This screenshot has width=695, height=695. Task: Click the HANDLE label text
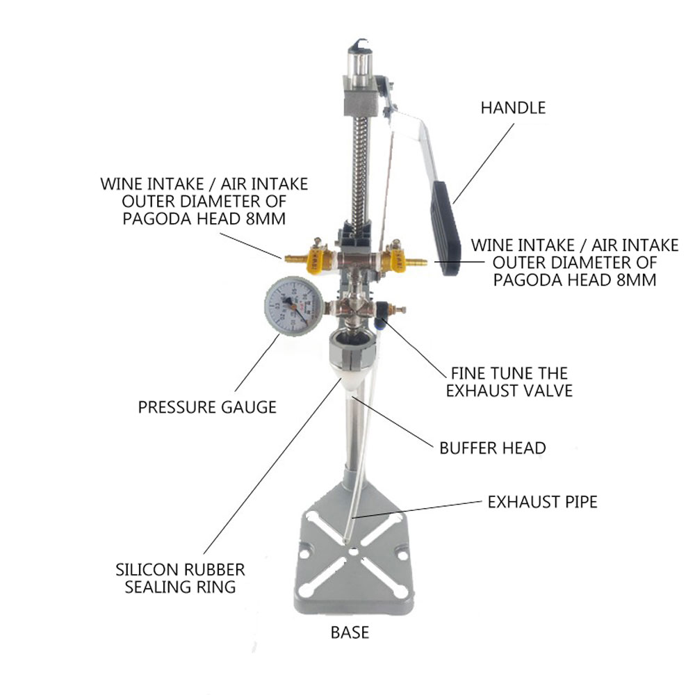(513, 108)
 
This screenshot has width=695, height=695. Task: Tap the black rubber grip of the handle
(445, 227)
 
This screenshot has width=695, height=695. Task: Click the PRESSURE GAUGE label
(207, 407)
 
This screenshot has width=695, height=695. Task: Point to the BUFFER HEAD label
(493, 448)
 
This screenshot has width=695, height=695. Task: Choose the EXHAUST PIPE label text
(543, 502)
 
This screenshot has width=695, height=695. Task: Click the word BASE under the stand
(350, 632)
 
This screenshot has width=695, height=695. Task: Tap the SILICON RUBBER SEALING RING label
(180, 578)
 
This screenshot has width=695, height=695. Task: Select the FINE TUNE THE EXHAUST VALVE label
(509, 382)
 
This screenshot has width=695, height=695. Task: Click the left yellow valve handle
(315, 261)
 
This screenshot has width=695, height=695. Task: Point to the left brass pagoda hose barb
(294, 259)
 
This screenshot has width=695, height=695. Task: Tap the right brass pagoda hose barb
(416, 262)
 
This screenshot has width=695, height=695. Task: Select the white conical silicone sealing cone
(350, 379)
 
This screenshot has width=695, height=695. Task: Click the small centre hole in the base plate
(353, 552)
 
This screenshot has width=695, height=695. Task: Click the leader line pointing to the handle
(484, 163)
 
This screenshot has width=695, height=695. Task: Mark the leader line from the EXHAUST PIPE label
(418, 509)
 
